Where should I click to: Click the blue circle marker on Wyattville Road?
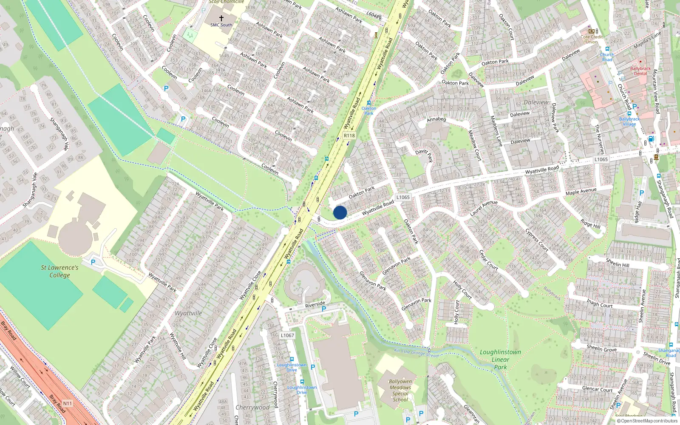[x=340, y=212]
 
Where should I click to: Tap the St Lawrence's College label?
[x=59, y=271]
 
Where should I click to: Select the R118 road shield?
[x=349, y=136]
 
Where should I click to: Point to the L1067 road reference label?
[x=287, y=335]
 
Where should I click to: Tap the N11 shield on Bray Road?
[x=67, y=403]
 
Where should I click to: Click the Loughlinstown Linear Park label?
[x=500, y=360]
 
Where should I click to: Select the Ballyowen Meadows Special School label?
[x=400, y=390]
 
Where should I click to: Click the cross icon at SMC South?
[x=221, y=18]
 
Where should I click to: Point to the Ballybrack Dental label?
[x=640, y=71]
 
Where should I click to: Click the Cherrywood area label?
[x=252, y=407]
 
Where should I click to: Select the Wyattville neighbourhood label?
[x=188, y=313]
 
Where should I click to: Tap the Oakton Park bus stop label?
[x=368, y=111]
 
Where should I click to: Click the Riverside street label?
[x=315, y=305]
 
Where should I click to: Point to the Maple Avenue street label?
[x=581, y=192]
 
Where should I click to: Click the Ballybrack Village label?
[x=629, y=122]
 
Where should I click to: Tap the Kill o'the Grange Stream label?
[x=417, y=353]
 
